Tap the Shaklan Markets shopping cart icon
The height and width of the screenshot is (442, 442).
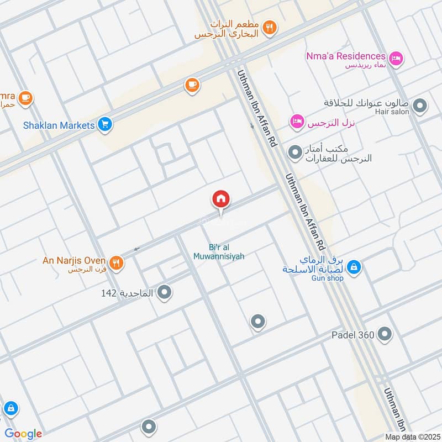tap(105, 125)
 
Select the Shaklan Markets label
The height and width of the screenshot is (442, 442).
tap(59, 125)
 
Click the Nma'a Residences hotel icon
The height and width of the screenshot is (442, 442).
tap(396, 57)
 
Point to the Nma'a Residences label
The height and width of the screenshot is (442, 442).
tap(346, 56)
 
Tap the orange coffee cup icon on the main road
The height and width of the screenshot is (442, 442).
tap(192, 85)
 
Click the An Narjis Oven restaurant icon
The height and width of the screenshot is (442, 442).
tap(116, 263)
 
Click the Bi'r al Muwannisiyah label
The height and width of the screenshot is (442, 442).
tap(219, 252)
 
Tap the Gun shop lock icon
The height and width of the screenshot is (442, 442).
tap(355, 267)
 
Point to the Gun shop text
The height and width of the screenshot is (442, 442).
tap(328, 278)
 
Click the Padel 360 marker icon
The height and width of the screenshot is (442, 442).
tap(386, 334)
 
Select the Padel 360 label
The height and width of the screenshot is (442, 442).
tap(354, 335)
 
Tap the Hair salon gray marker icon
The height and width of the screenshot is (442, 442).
tap(420, 105)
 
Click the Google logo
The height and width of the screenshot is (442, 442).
tap(24, 434)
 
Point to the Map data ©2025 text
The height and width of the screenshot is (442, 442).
tap(412, 436)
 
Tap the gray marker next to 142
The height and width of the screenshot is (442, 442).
tap(164, 293)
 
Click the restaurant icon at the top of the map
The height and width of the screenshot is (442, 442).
tap(269, 27)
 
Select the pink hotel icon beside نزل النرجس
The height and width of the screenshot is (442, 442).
tap(297, 121)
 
